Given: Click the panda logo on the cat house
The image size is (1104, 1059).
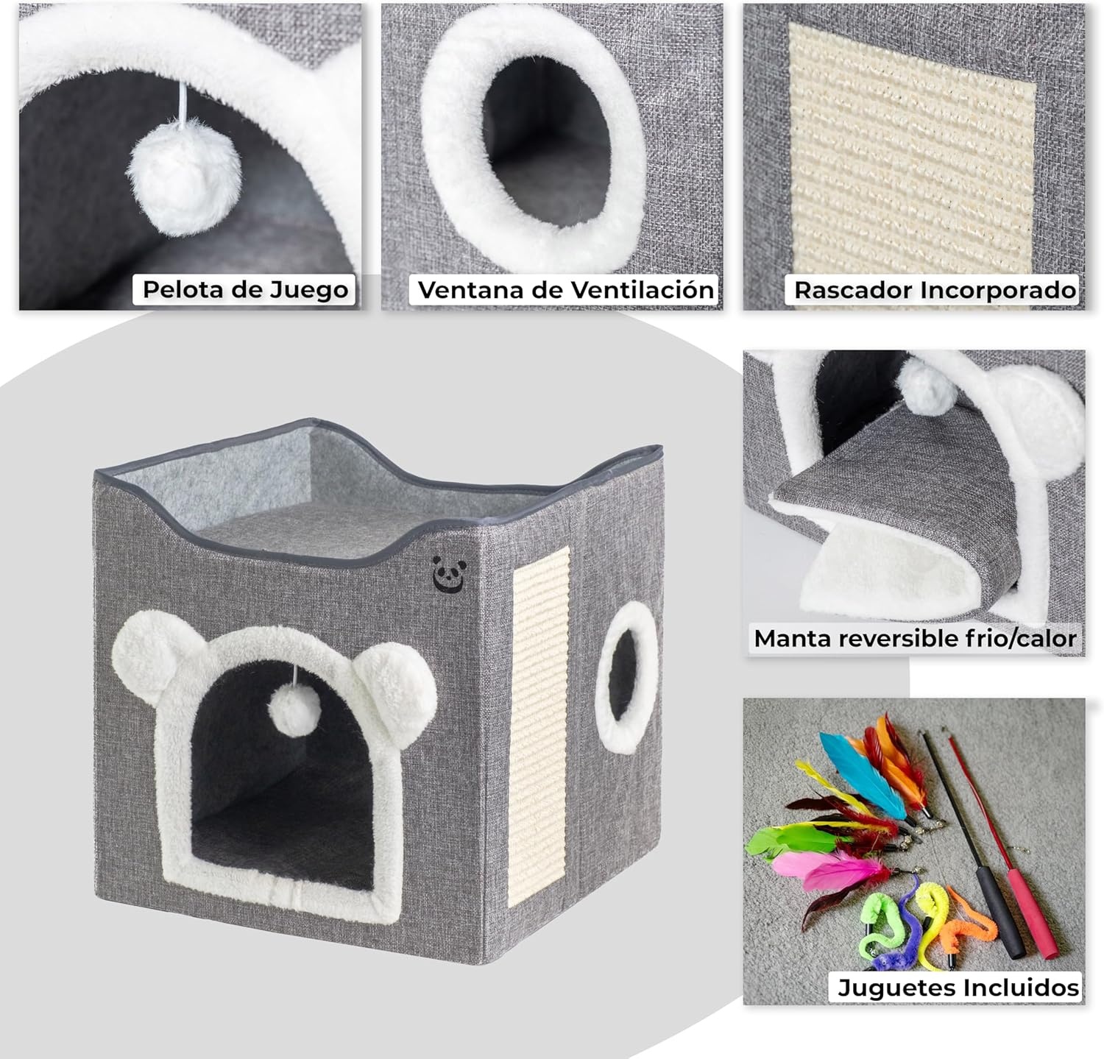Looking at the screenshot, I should (x=445, y=573).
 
